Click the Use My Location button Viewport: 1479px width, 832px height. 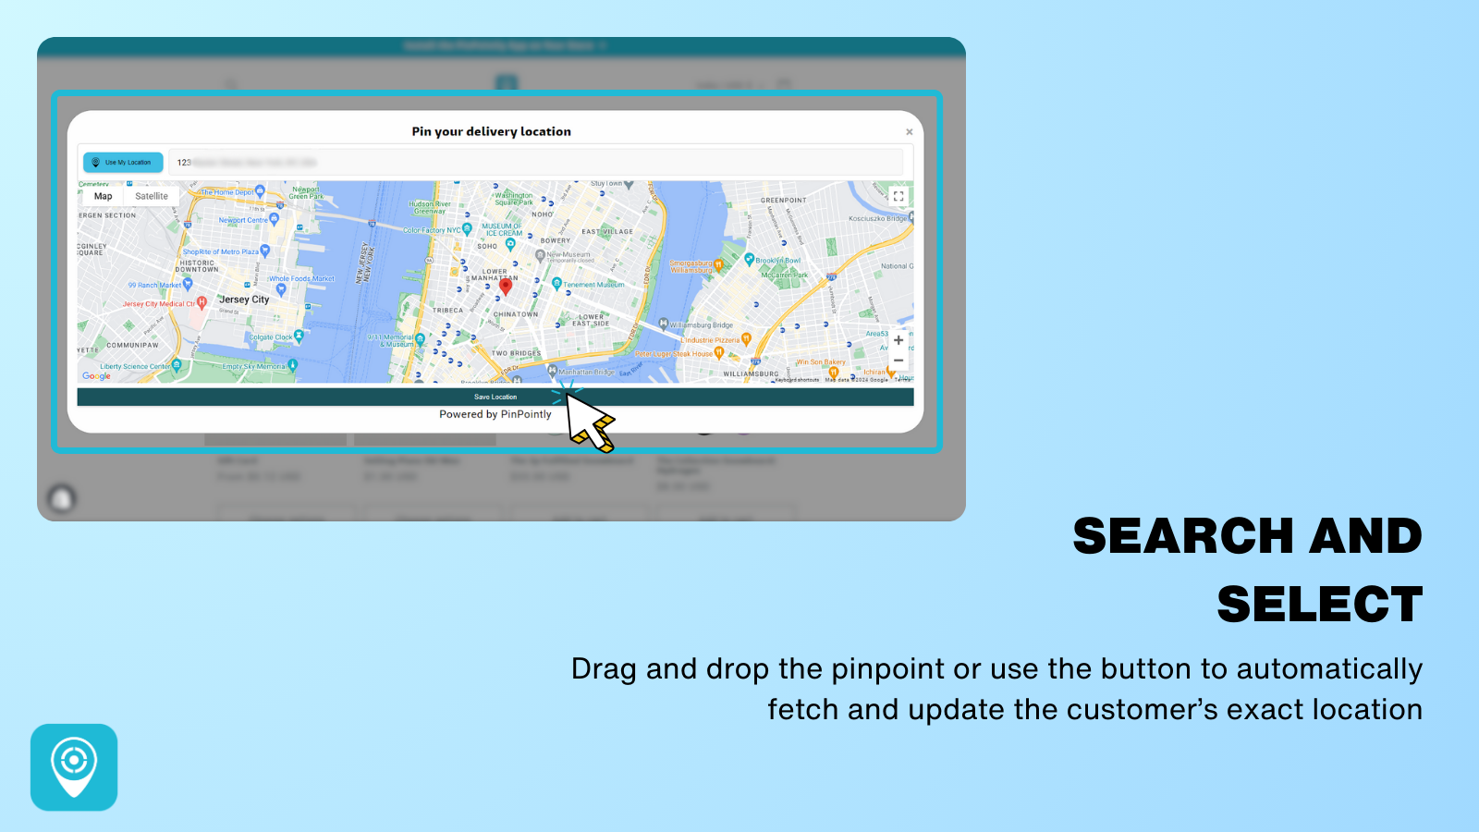[123, 163]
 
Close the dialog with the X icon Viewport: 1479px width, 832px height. [910, 132]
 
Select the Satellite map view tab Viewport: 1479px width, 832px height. [152, 196]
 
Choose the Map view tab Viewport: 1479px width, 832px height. [103, 196]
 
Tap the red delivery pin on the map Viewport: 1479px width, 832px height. [506, 286]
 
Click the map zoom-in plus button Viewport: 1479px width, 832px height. [898, 340]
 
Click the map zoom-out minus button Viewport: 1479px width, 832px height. [898, 361]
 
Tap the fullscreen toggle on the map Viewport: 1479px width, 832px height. [898, 196]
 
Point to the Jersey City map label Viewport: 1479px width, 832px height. [244, 300]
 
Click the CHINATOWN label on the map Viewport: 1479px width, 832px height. [516, 314]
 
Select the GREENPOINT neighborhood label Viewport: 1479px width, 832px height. [783, 200]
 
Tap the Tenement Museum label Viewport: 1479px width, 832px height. [593, 285]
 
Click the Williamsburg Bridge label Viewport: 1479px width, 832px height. [701, 325]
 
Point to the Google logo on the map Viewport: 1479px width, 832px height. [96, 375]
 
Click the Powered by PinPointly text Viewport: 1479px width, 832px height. [495, 414]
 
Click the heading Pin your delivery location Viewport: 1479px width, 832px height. [491, 131]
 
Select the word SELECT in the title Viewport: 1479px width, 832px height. [1319, 605]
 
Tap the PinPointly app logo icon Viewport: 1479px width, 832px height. [74, 767]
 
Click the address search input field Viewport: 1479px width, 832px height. [536, 163]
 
